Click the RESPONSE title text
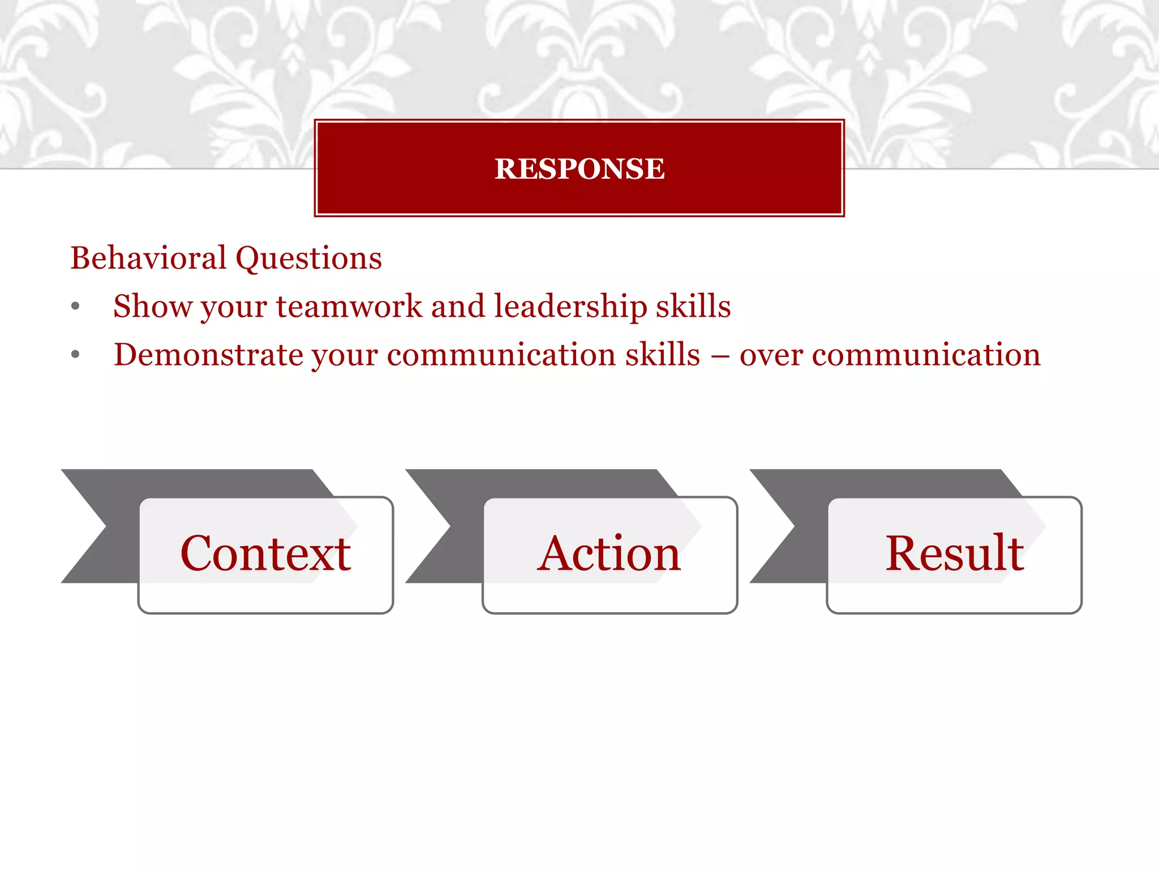[579, 169]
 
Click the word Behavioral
[148, 259]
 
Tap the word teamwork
[349, 307]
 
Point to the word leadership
[570, 308]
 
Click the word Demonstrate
[208, 355]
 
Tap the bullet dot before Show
[76, 307]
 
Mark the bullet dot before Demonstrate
[76, 355]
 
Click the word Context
[265, 553]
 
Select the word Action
[609, 553]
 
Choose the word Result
[954, 553]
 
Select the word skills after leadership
[693, 307]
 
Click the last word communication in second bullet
[926, 355]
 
